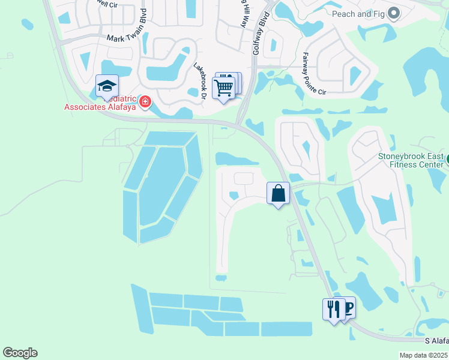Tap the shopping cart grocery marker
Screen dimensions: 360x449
pos(223,88)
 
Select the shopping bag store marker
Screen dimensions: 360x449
pos(278,193)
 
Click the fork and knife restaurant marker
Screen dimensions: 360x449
pos(334,309)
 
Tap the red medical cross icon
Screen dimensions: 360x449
pos(144,103)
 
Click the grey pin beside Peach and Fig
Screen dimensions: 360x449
pos(394,13)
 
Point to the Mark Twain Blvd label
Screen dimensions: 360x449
pos(127,38)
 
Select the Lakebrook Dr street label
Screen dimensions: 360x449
pos(200,80)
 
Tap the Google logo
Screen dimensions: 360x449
pos(20,353)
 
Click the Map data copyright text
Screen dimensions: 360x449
pos(423,355)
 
